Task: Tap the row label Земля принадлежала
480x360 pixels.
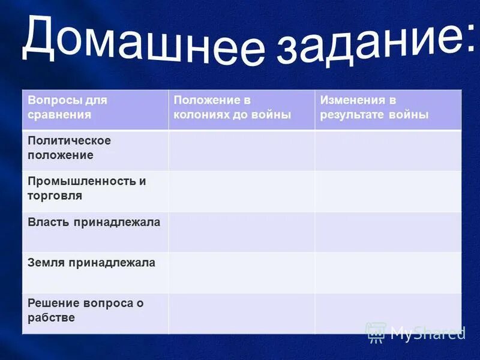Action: click(91, 262)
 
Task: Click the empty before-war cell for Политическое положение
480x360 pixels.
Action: click(241, 150)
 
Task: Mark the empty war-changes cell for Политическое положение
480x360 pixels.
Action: click(388, 150)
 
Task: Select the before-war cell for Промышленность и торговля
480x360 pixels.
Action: click(241, 191)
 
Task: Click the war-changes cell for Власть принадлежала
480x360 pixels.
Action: click(388, 232)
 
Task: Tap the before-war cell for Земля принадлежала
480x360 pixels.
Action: click(241, 272)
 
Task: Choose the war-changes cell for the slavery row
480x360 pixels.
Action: click(388, 313)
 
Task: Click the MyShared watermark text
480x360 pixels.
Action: click(427, 333)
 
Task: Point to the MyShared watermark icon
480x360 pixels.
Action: click(376, 332)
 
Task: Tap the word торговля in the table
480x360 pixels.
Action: click(55, 196)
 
